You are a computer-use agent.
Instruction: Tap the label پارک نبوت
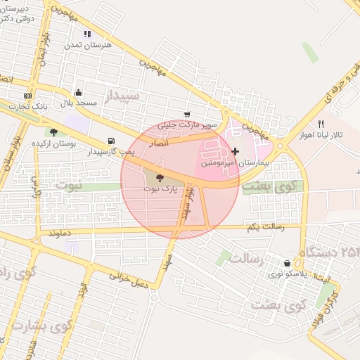(x=157, y=189)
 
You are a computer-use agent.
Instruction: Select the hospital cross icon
(x=235, y=151)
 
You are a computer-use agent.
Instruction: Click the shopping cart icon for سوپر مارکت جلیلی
(x=187, y=114)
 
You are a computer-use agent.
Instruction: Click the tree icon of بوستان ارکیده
(x=53, y=131)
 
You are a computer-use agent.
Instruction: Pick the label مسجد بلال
(x=77, y=103)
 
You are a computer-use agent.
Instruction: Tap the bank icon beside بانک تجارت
(x=27, y=96)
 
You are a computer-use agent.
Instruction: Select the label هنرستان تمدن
(x=88, y=44)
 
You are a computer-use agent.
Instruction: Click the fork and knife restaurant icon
(x=321, y=123)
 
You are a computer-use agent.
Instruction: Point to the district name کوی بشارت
(x=43, y=327)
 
